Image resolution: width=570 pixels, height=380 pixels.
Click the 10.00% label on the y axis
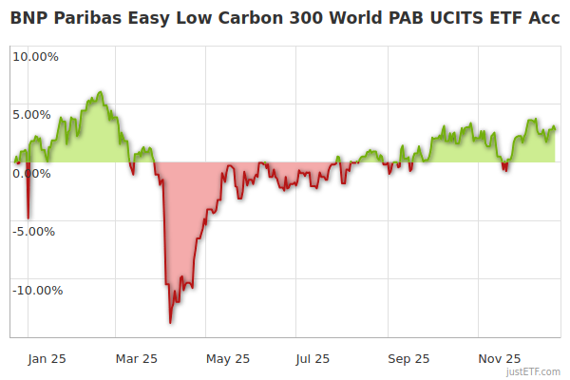[35, 56]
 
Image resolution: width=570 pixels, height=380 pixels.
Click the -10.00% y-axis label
[36, 290]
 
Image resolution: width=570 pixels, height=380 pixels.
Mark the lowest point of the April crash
[171, 323]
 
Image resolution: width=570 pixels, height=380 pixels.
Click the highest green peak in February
[100, 92]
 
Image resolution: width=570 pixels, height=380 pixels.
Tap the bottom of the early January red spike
[28, 218]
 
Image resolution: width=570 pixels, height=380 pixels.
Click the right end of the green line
[555, 129]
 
